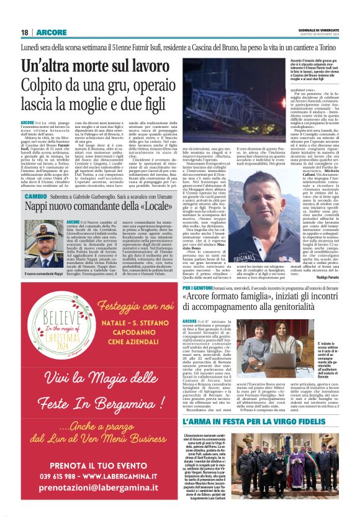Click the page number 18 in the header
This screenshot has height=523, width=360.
(24, 32)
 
